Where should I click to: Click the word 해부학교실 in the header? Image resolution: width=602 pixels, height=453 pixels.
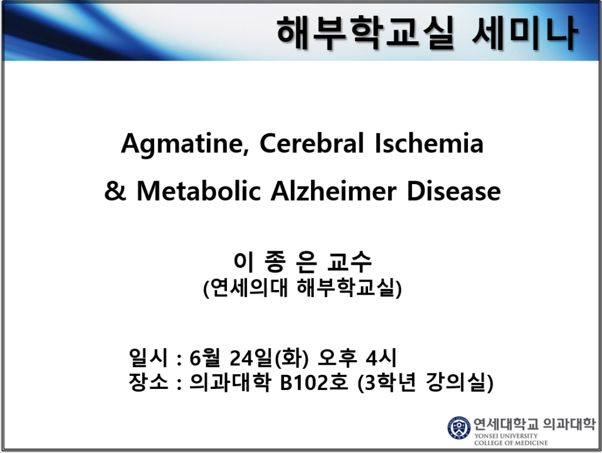[x=366, y=32]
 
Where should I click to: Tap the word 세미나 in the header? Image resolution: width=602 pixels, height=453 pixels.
[x=524, y=32]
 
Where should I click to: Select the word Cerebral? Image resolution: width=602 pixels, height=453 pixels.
[x=312, y=143]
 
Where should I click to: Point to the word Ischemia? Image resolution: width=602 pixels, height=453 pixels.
[x=429, y=143]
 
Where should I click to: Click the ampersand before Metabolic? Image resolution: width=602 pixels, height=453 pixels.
[x=115, y=191]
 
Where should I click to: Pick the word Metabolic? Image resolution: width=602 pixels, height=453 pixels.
[x=199, y=191]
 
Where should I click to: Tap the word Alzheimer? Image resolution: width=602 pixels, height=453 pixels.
[x=333, y=191]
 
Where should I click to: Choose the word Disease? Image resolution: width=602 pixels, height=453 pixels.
[x=453, y=191]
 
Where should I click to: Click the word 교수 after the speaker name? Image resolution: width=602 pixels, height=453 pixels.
[x=350, y=261]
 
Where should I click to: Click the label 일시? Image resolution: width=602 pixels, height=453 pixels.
[x=148, y=358]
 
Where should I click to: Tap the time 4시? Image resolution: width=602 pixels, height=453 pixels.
[x=381, y=358]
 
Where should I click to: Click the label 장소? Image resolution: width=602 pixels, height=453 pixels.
[x=148, y=382]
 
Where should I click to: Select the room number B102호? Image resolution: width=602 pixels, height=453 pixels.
[x=314, y=382]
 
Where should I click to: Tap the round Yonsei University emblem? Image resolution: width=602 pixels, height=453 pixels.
[x=459, y=428]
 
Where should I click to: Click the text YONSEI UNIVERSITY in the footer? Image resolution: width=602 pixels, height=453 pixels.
[x=506, y=436]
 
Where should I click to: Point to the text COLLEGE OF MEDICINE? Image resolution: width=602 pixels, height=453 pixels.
[x=511, y=442]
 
